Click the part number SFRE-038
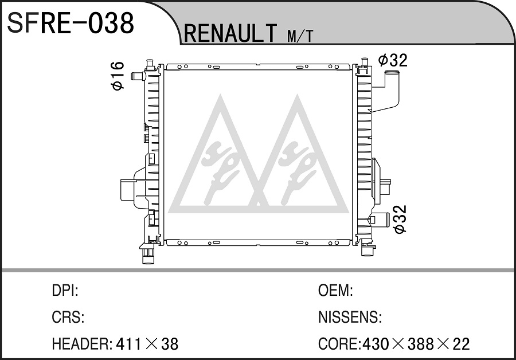[71, 23]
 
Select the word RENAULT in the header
[230, 33]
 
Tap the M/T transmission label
[300, 36]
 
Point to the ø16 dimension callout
[118, 75]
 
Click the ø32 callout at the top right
[393, 60]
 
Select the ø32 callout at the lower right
[400, 219]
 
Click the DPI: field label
[65, 291]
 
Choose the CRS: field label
[68, 317]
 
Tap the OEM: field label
[335, 291]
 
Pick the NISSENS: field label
[350, 317]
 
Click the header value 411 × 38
[147, 344]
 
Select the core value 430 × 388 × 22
[416, 344]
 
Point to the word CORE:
[339, 344]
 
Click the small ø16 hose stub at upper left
[138, 76]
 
